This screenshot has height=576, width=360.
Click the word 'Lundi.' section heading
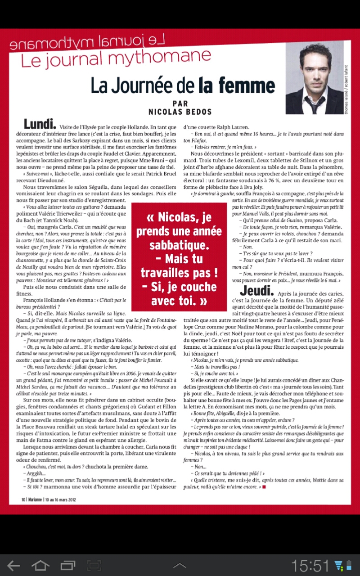point(40,124)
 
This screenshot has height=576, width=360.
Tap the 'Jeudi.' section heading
point(256,291)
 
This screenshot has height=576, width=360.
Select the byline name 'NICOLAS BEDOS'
point(180,110)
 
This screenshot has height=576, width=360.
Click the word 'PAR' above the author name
point(180,103)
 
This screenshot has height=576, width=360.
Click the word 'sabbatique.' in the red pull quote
point(179,245)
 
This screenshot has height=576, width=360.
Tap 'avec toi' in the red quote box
point(179,301)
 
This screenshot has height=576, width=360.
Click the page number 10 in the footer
point(23,499)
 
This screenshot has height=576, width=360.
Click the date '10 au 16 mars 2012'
point(61,499)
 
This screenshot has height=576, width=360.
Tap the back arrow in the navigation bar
point(14,565)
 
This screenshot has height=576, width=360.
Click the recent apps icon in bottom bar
point(68,565)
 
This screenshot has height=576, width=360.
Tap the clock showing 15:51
point(310,565)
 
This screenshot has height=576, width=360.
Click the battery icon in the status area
point(349,565)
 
